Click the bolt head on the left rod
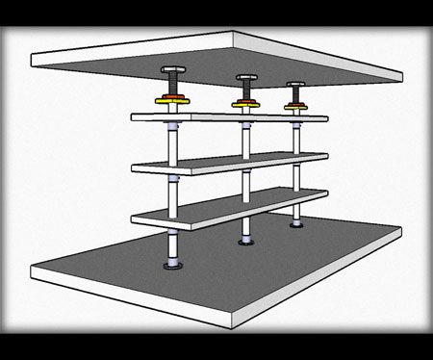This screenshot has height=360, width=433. (x=172, y=73)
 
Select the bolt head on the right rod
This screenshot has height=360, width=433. (x=294, y=85)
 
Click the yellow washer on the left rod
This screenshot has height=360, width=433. (x=172, y=101)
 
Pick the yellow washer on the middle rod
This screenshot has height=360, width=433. (x=245, y=103)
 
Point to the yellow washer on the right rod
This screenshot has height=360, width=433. (x=294, y=105)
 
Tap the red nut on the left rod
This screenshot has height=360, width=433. (x=172, y=95)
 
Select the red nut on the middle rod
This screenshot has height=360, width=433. (x=245, y=98)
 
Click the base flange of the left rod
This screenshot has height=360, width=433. (x=173, y=267)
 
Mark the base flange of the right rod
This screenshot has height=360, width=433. (x=295, y=224)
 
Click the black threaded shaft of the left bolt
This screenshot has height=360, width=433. (x=172, y=85)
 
